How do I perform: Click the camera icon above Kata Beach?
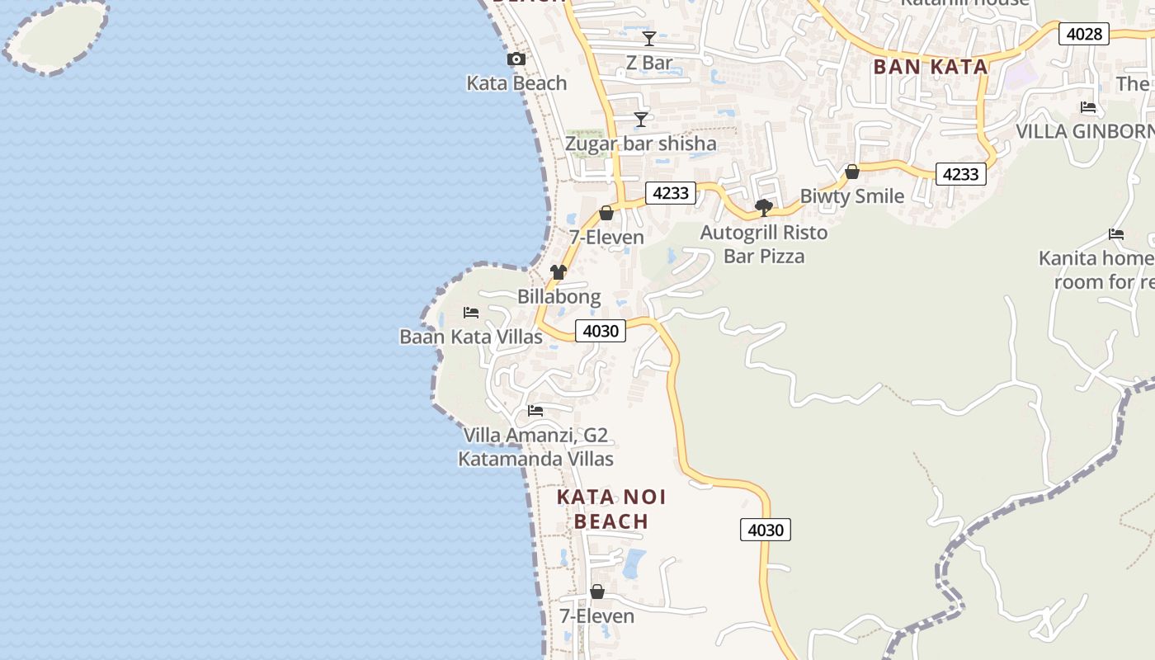tap(516, 59)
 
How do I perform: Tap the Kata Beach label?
tap(516, 83)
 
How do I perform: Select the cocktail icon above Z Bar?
tap(649, 39)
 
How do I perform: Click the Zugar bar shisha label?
tap(640, 144)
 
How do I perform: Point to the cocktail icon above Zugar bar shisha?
tap(640, 120)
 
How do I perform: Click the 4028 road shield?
tap(1084, 34)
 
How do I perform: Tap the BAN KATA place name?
tap(930, 68)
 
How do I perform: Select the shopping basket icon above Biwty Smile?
tap(852, 172)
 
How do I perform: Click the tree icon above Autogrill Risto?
tap(764, 208)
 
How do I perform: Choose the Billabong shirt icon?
tap(559, 272)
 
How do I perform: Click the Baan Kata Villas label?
tap(471, 337)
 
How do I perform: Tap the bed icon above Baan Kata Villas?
tap(471, 313)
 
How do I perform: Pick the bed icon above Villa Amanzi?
tap(535, 411)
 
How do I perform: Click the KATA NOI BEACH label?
tap(611, 509)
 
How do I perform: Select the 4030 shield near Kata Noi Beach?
tap(765, 530)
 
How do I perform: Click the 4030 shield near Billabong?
tap(600, 331)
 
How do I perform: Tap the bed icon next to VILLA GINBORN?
tap(1088, 107)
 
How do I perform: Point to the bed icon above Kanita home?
tap(1116, 234)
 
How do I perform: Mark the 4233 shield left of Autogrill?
tap(670, 193)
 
